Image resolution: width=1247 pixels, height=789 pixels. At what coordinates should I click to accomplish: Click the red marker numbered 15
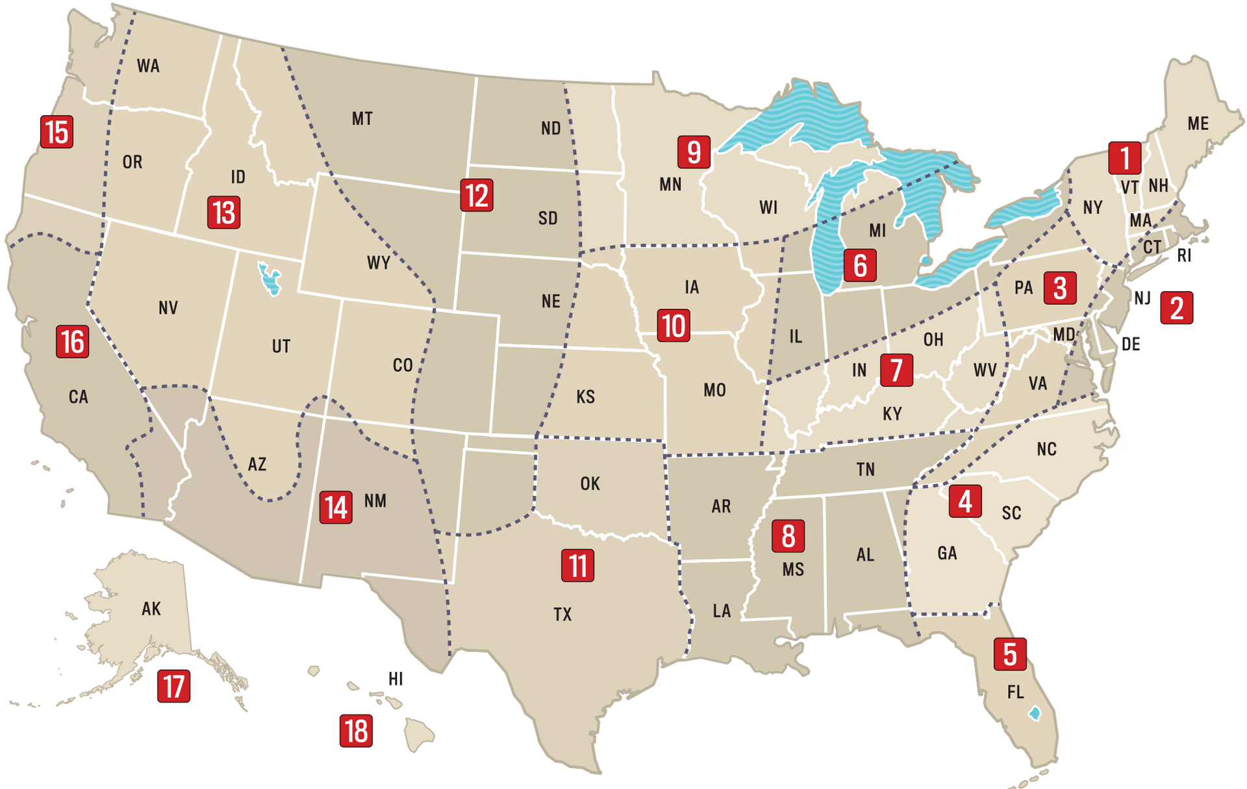pos(57,132)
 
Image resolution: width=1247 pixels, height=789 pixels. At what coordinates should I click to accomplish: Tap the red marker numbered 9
pos(694,152)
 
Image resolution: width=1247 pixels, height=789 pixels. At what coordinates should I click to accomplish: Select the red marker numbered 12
pos(477,196)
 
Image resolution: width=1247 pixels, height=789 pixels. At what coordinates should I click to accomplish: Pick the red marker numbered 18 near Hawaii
pos(356,731)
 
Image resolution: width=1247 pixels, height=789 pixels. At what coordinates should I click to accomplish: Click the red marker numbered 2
pos(1176,308)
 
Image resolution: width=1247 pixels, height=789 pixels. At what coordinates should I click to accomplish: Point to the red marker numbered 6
pos(860,265)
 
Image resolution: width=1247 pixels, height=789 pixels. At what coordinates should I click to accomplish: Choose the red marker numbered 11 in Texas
pos(577,565)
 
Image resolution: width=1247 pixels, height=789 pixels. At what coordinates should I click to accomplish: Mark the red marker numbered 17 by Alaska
pos(173,686)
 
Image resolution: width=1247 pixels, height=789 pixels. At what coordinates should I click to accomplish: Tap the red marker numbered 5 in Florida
pos(1010,654)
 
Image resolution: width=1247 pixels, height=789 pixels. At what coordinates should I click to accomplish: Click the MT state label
pos(362,119)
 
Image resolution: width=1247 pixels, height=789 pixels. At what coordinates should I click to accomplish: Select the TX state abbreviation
pos(562,614)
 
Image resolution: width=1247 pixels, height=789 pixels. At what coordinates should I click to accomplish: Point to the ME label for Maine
pos(1198,123)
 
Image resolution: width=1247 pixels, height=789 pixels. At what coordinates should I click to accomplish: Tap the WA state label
pos(148,66)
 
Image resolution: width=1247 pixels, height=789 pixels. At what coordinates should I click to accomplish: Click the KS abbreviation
pos(585,396)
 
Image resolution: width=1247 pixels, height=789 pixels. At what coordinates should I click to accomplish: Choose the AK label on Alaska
pos(151,608)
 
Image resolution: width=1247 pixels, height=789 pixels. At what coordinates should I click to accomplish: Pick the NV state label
pos(168,307)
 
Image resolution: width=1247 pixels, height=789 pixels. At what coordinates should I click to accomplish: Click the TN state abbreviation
pos(865,469)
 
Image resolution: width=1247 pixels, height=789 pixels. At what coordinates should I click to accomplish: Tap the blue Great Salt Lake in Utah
pos(269,279)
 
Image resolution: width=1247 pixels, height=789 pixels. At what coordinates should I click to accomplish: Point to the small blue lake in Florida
pos(1035,713)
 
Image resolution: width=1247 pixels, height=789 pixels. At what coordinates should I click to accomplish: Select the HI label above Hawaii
pos(396,679)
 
